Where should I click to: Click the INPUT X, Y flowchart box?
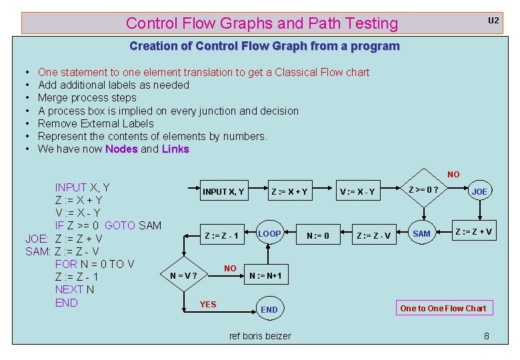[x=223, y=192]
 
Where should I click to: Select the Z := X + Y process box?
[x=289, y=192]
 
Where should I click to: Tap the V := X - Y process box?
[x=357, y=192]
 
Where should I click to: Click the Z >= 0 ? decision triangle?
[x=423, y=190]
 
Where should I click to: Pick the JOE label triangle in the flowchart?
[x=479, y=191]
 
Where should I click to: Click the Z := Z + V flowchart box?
[x=473, y=232]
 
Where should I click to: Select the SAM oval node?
[x=421, y=233]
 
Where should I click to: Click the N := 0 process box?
[x=317, y=235]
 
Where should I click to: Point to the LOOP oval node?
[x=269, y=234]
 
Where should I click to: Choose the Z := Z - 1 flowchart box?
[x=221, y=235]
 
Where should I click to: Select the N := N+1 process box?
[x=265, y=276]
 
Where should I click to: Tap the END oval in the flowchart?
[x=269, y=309]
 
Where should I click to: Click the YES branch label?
[x=208, y=305]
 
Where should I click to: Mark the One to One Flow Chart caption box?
[x=443, y=308]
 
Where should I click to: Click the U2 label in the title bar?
[x=493, y=21]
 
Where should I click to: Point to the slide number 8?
[x=486, y=336]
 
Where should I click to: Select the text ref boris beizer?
[x=260, y=336]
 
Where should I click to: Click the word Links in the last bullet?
[x=175, y=149]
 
